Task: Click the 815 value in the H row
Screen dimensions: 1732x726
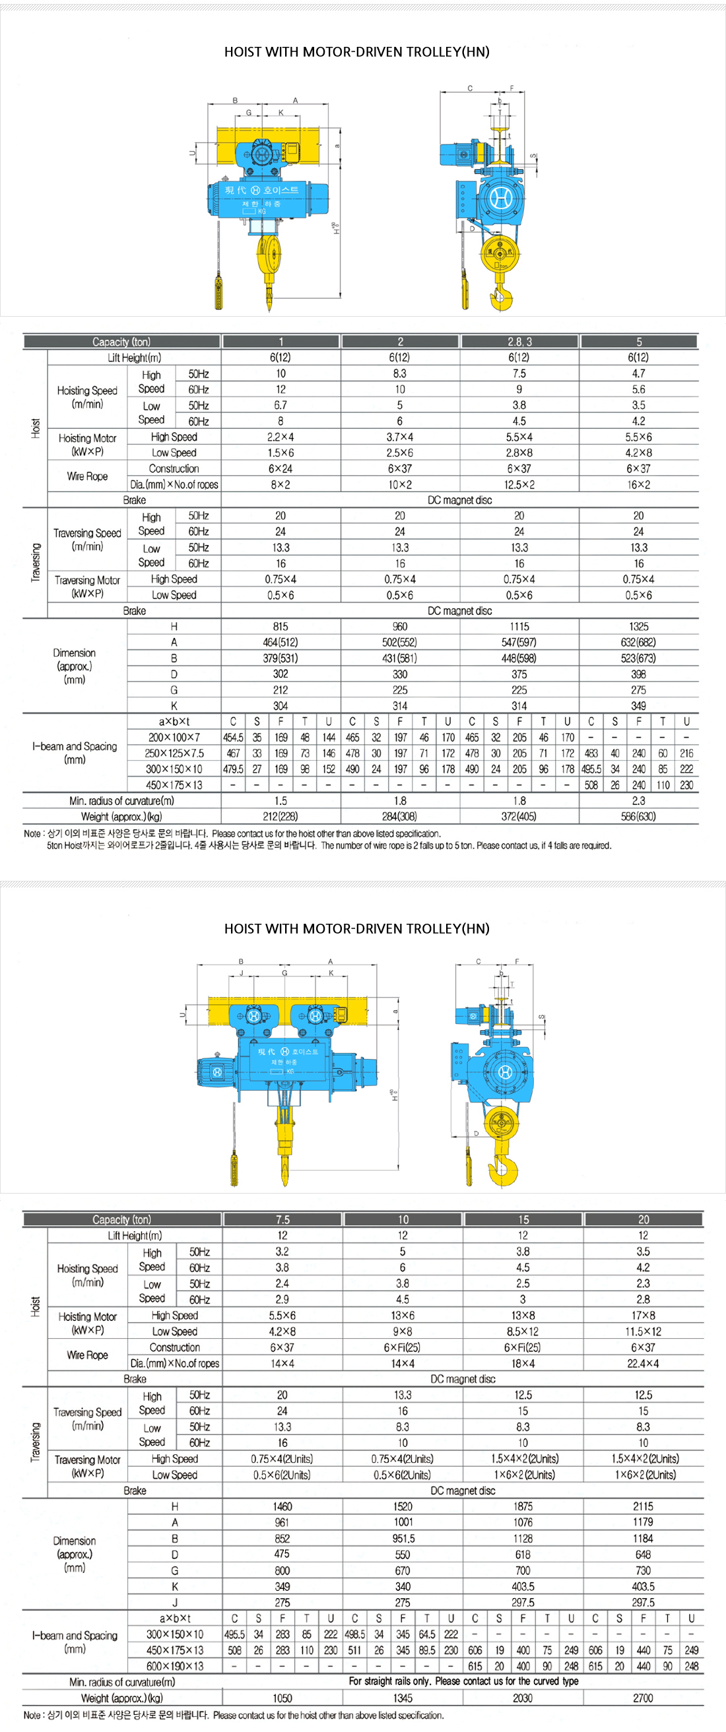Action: pyautogui.click(x=280, y=626)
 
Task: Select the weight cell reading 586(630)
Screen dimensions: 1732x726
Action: pyautogui.click(x=638, y=816)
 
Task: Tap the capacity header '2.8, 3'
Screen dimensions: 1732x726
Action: pyautogui.click(x=519, y=342)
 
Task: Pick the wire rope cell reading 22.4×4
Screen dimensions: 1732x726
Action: pyautogui.click(x=643, y=1363)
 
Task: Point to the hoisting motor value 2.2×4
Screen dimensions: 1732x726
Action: pyautogui.click(x=280, y=437)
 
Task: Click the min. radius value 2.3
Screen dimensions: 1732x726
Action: pyautogui.click(x=638, y=801)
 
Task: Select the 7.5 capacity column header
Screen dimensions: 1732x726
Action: pyautogui.click(x=282, y=1219)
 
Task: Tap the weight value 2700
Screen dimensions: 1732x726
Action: pyautogui.click(x=643, y=1698)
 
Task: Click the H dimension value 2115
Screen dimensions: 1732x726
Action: pyautogui.click(x=643, y=1506)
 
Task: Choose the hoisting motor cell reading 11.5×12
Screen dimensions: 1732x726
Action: pyautogui.click(x=643, y=1331)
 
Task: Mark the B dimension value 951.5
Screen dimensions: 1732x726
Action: pyautogui.click(x=403, y=1539)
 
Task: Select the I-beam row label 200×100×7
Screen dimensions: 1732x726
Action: pyautogui.click(x=174, y=737)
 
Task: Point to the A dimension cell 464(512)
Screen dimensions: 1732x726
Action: pyautogui.click(x=280, y=642)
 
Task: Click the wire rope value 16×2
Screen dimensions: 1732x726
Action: pyautogui.click(x=638, y=484)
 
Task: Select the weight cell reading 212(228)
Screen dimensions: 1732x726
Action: pyautogui.click(x=280, y=816)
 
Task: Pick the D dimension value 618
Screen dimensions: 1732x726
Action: pyautogui.click(x=523, y=1555)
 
